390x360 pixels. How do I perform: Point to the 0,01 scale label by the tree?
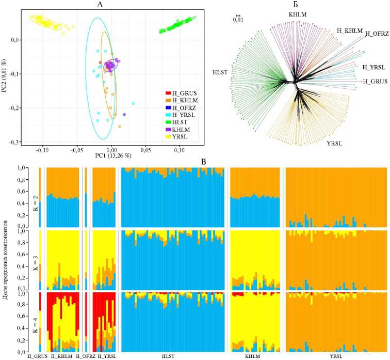[238, 21]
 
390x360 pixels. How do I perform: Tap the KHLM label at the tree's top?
[299, 14]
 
